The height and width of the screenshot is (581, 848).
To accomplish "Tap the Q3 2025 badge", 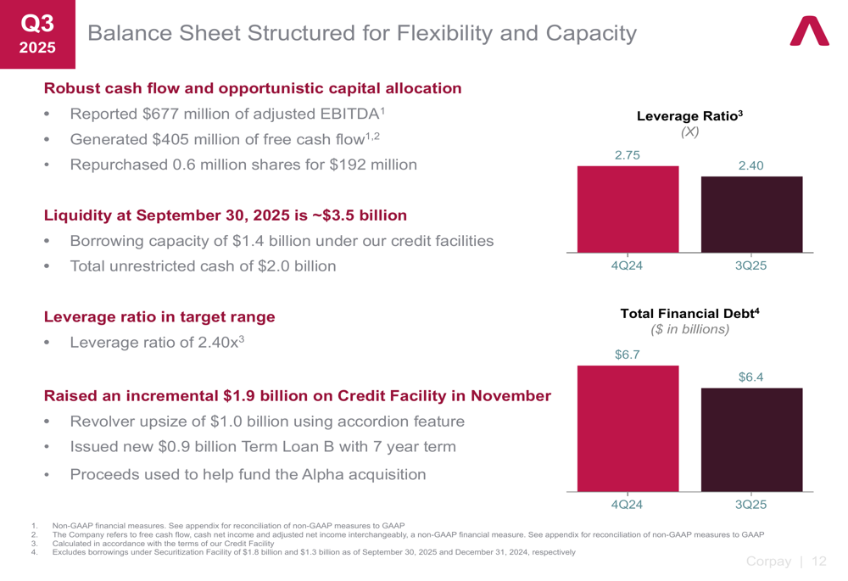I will (x=37, y=34).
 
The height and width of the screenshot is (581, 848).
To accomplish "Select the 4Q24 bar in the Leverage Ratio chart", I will (x=628, y=209).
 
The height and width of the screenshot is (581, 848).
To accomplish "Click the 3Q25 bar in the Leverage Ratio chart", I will (x=751, y=214).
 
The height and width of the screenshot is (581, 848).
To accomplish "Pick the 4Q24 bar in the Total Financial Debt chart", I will (x=628, y=428).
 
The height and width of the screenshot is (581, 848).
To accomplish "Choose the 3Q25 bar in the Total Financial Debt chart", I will (x=751, y=439).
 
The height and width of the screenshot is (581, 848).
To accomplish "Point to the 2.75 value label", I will (x=628, y=154).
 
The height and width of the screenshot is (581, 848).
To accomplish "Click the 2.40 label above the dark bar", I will (x=751, y=166).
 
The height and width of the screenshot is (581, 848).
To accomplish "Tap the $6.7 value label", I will (x=628, y=355).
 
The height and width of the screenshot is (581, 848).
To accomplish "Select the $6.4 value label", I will (x=751, y=377).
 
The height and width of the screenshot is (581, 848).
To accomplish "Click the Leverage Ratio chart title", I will (x=689, y=115).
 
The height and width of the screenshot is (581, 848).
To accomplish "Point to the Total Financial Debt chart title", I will (x=689, y=314).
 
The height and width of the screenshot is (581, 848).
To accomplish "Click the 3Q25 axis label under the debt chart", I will (x=751, y=505).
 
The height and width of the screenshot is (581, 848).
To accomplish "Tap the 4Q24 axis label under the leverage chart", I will (x=628, y=265).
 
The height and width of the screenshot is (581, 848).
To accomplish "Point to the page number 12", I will (x=818, y=561).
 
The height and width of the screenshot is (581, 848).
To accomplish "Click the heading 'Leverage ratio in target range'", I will (x=159, y=317).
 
